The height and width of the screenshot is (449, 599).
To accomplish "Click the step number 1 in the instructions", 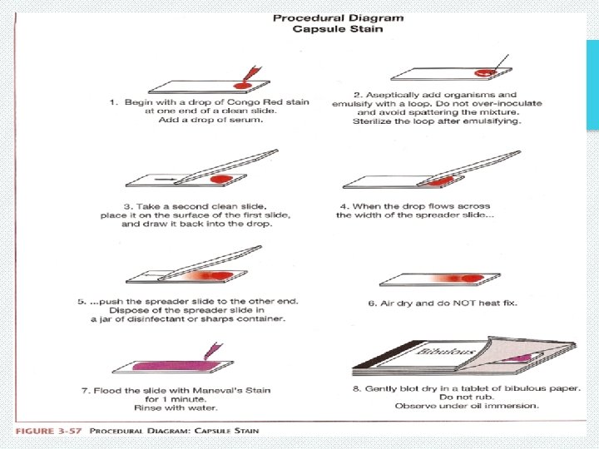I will click(113, 102).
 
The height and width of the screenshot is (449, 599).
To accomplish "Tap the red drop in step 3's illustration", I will click(221, 179).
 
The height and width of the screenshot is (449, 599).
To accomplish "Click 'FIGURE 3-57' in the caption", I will click(47, 430).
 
